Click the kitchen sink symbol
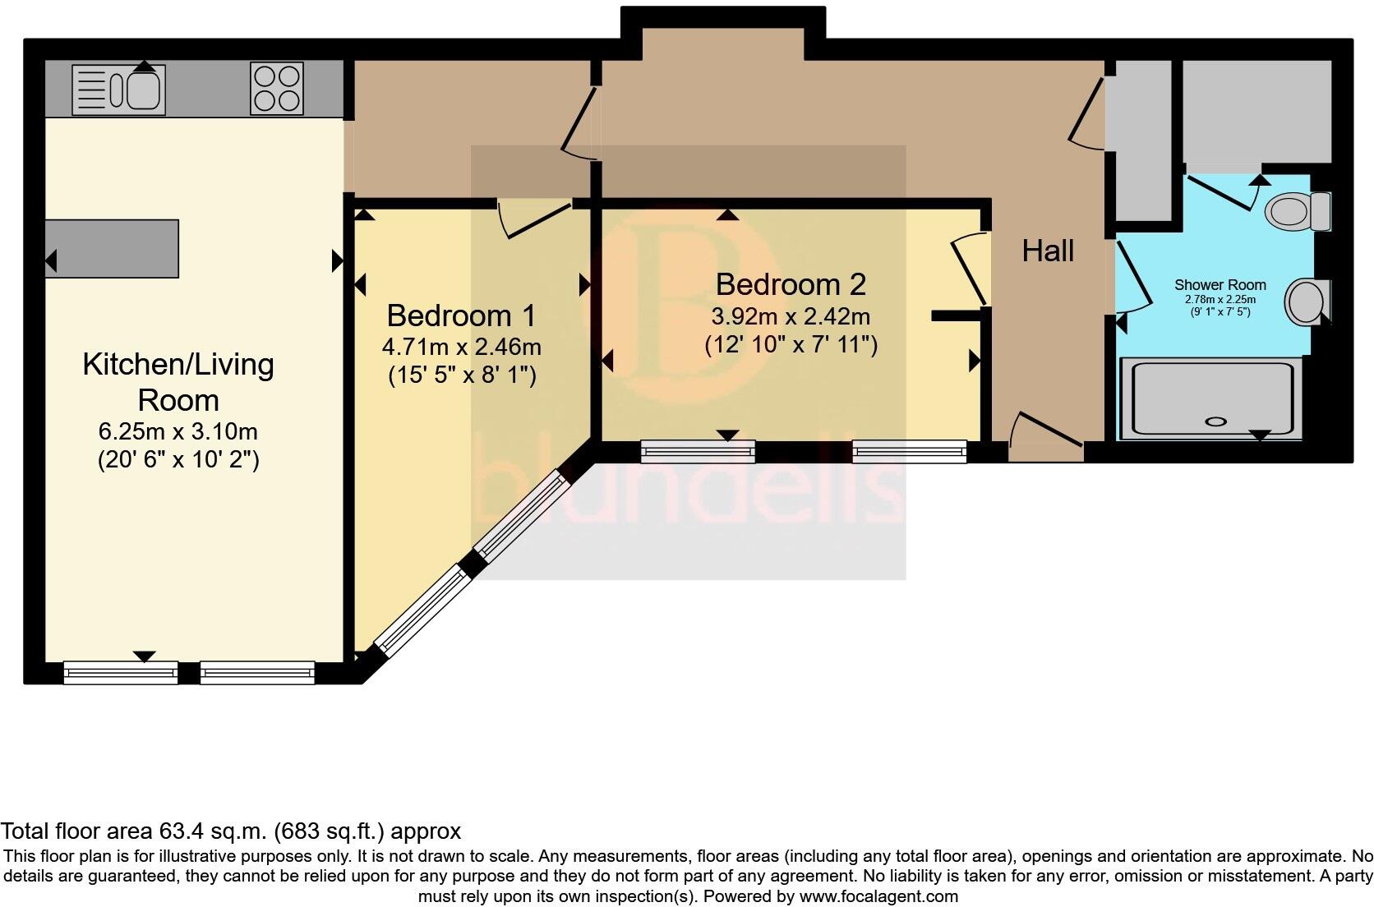coord(119,89)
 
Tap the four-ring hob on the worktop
coord(277,89)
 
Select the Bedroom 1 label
coord(461,315)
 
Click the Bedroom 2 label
coord(791,284)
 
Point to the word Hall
coord(1048,251)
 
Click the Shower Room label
coord(1220,285)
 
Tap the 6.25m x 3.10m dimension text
coord(178,431)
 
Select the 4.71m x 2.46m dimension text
coord(461,347)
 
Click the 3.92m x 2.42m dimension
coord(791,316)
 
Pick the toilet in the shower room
coord(1296,211)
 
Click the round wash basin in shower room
coord(1306,302)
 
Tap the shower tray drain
coord(1215,421)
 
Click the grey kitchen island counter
coord(112,248)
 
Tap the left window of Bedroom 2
coord(698,451)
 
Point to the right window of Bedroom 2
coord(909,451)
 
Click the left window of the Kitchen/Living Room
coord(121,673)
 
